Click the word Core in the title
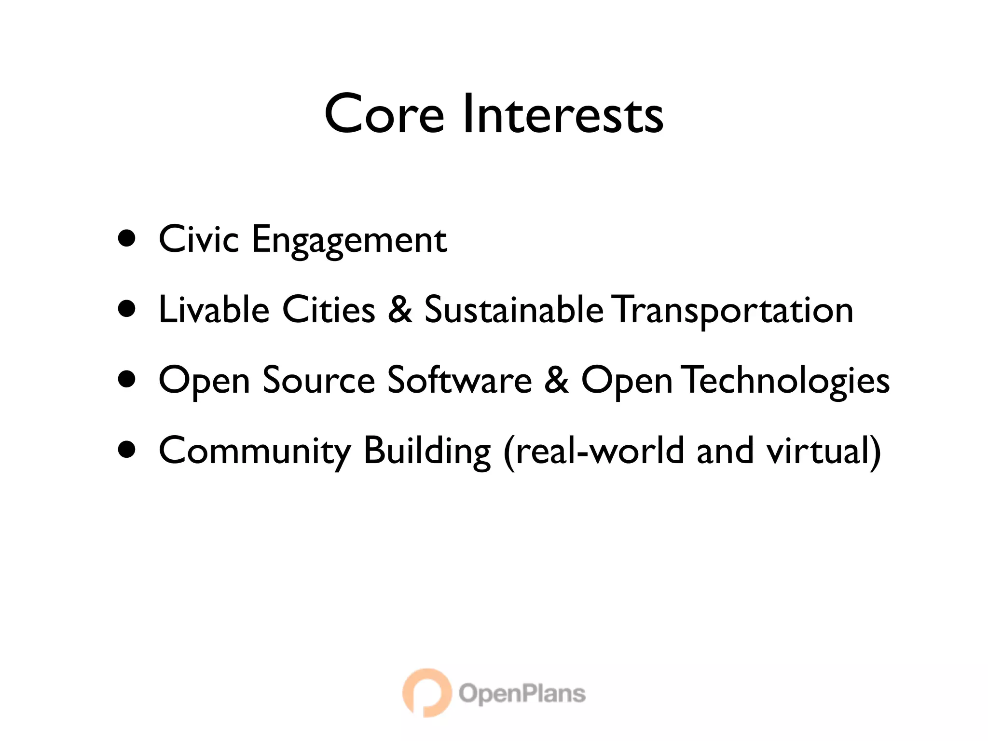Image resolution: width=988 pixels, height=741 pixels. [x=384, y=114]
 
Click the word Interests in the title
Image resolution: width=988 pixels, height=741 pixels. [x=563, y=114]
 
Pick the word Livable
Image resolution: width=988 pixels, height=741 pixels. [x=214, y=309]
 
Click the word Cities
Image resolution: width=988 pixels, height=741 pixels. [x=329, y=309]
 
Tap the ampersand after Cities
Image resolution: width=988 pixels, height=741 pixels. [x=400, y=309]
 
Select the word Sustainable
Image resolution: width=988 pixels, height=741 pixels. [x=514, y=309]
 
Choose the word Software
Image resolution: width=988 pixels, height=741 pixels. [x=460, y=380]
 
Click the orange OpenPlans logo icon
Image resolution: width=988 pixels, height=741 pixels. [x=426, y=693]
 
